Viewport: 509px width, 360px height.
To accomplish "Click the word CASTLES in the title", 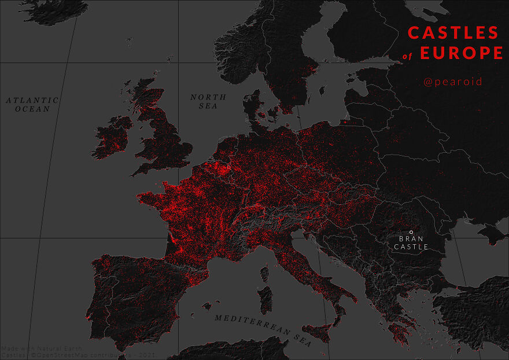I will (x=453, y=32).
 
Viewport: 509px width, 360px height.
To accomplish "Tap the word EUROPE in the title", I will (x=461, y=53).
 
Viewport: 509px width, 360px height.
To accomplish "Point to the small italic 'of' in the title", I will (x=411, y=57).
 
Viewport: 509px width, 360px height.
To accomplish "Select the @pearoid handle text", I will (x=452, y=82).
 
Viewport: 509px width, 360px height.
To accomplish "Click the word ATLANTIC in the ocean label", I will (x=33, y=100).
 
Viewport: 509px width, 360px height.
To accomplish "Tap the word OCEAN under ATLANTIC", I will (x=33, y=109).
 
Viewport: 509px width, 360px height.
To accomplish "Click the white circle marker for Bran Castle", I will (x=411, y=232).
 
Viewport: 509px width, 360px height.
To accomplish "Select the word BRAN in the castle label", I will (x=411, y=238).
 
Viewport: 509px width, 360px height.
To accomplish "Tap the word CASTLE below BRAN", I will (x=411, y=247).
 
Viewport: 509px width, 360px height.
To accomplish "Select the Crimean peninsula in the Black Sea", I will (x=493, y=233).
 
